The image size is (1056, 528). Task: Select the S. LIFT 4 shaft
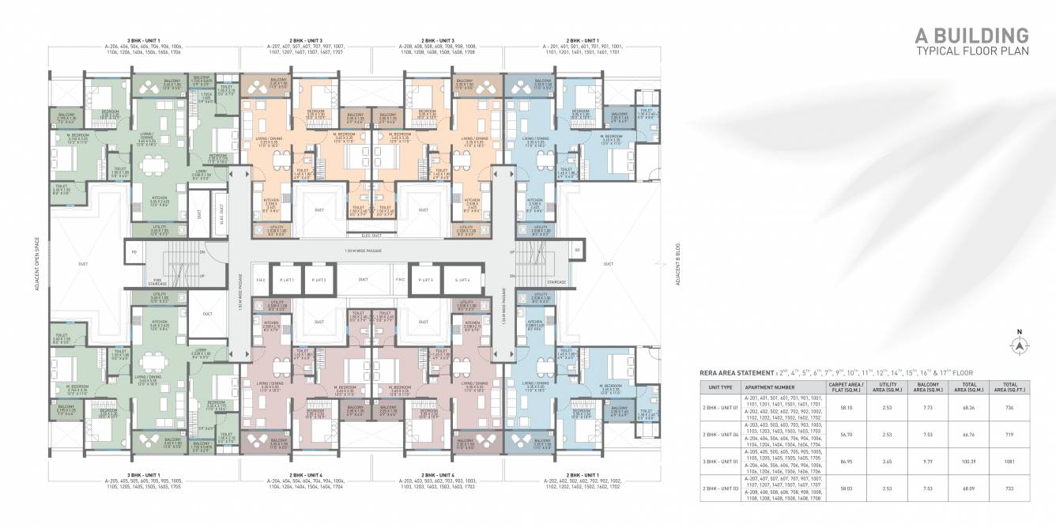462,280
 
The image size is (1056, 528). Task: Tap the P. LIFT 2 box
319,280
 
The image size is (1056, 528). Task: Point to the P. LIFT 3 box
427,280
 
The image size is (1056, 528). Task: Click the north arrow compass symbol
1020,344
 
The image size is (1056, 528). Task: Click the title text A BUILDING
971,36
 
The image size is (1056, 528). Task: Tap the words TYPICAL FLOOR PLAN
971,51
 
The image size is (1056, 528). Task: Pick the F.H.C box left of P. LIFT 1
260,280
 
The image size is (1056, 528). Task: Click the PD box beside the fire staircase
134,252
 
